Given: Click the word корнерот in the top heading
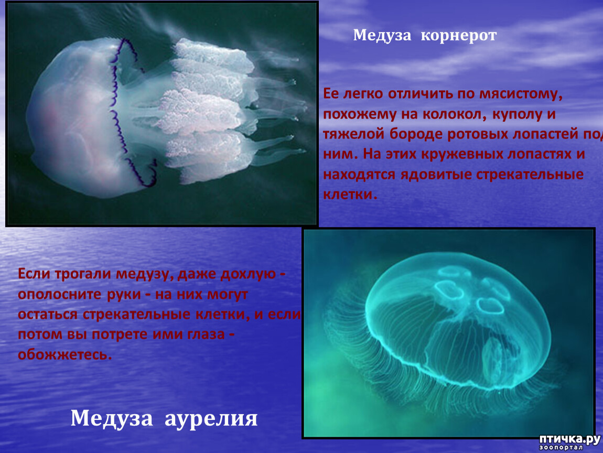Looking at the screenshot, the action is pyautogui.click(x=458, y=35).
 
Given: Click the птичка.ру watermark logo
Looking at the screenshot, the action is pyautogui.click(x=569, y=442).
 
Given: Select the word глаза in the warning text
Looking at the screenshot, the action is pyautogui.click(x=206, y=334).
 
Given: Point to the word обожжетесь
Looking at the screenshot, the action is pyautogui.click(x=64, y=354).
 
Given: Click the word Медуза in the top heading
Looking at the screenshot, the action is pyautogui.click(x=382, y=35).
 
